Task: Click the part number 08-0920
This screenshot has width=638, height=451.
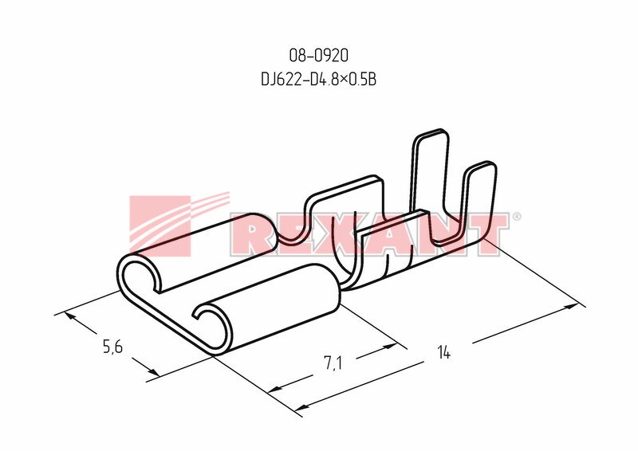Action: (318, 56)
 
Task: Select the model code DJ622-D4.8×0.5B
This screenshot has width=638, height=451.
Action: (318, 80)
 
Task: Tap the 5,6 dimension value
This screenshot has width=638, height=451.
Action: (112, 347)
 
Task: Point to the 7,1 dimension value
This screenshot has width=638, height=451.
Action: (333, 363)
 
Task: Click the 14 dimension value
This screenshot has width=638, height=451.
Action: (443, 352)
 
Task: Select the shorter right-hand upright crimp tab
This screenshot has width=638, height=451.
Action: (480, 199)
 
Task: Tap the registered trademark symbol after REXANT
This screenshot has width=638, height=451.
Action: (516, 217)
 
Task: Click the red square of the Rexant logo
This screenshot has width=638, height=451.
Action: (160, 226)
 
